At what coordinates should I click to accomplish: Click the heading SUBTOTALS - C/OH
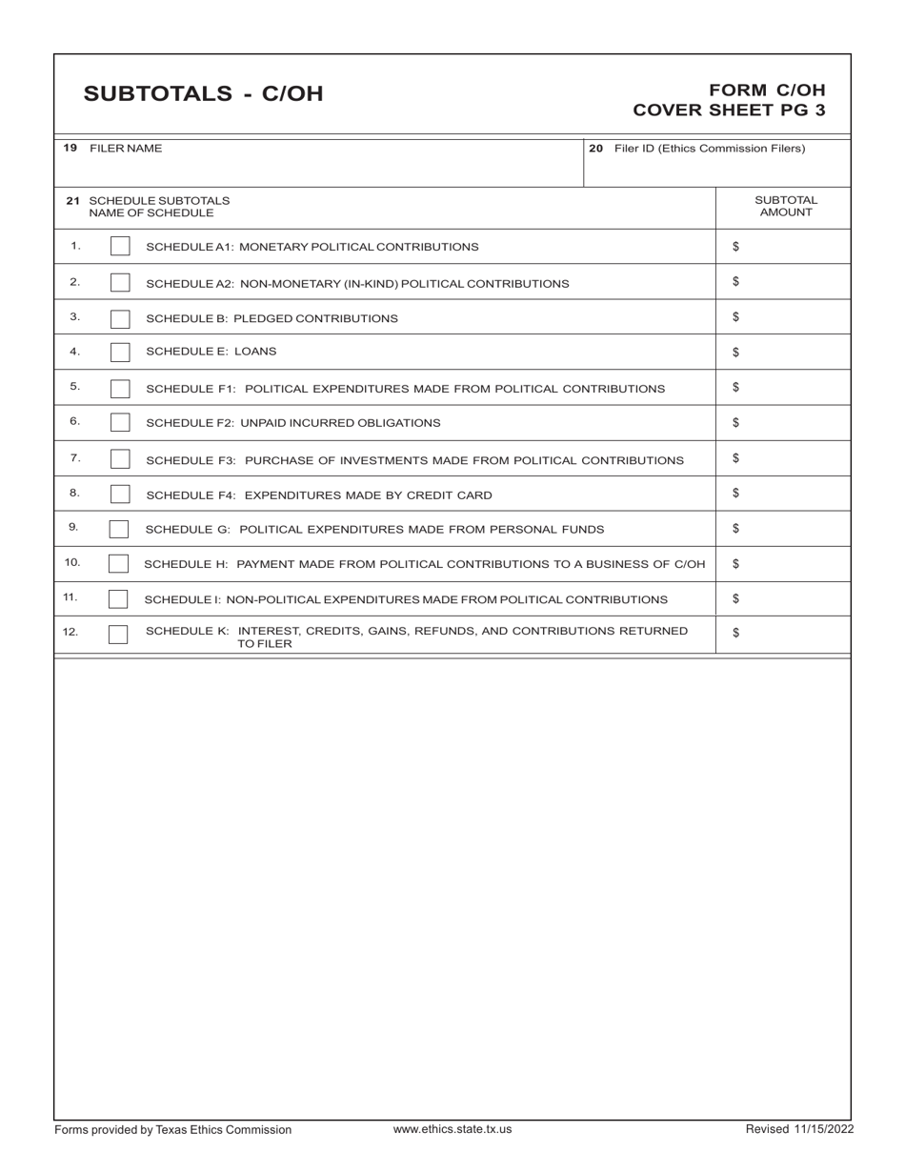point(203,93)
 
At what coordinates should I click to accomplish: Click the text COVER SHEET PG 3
point(729,110)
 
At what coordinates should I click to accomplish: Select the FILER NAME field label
point(125,149)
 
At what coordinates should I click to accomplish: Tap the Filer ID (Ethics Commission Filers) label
point(709,149)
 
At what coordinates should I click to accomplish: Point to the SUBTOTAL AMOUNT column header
point(785,207)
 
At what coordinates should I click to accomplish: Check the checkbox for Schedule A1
point(120,247)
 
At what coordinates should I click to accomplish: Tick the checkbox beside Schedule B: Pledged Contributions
point(120,317)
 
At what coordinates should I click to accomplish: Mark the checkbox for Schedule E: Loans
point(120,352)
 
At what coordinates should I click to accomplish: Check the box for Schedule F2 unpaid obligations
point(120,422)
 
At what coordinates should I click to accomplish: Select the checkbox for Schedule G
point(119,529)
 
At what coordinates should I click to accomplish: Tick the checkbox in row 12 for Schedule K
point(118,635)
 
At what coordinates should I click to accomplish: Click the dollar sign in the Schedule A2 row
point(735,282)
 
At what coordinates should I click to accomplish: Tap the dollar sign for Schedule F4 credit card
point(735,494)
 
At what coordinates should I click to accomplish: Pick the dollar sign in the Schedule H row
point(735,564)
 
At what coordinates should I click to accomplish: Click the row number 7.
point(75,458)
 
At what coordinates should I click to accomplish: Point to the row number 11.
point(70,597)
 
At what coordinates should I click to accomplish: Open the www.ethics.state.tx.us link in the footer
point(452,1129)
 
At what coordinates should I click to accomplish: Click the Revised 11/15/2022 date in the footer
point(798,1130)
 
